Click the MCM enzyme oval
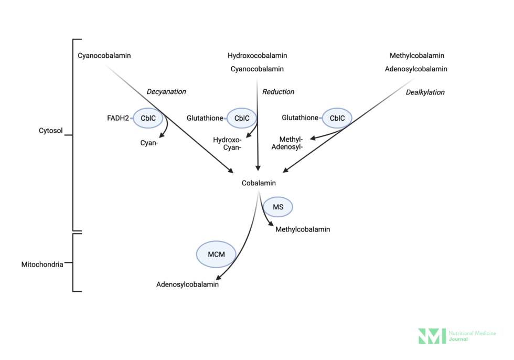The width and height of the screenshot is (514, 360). click(216, 255)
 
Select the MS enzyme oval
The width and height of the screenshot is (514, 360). click(277, 207)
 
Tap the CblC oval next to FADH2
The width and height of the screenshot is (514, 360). click(148, 119)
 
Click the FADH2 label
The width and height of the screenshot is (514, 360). click(118, 119)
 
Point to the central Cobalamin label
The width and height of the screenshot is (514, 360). click(259, 183)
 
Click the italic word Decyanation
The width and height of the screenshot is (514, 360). click(166, 92)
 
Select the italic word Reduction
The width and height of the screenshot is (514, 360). click(278, 92)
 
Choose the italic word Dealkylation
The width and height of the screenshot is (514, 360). click(425, 92)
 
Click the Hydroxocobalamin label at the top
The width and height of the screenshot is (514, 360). click(257, 56)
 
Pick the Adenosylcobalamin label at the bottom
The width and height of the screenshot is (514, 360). click(187, 285)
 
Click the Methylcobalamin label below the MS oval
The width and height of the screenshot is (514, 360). click(303, 229)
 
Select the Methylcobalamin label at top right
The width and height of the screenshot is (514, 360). click(416, 56)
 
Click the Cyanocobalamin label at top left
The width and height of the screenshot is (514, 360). click(104, 56)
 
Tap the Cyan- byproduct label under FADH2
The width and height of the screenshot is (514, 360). click(149, 143)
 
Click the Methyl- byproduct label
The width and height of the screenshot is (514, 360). click(291, 139)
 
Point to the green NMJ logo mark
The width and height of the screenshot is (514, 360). click(432, 336)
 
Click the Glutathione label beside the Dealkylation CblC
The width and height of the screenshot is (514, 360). click(300, 118)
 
